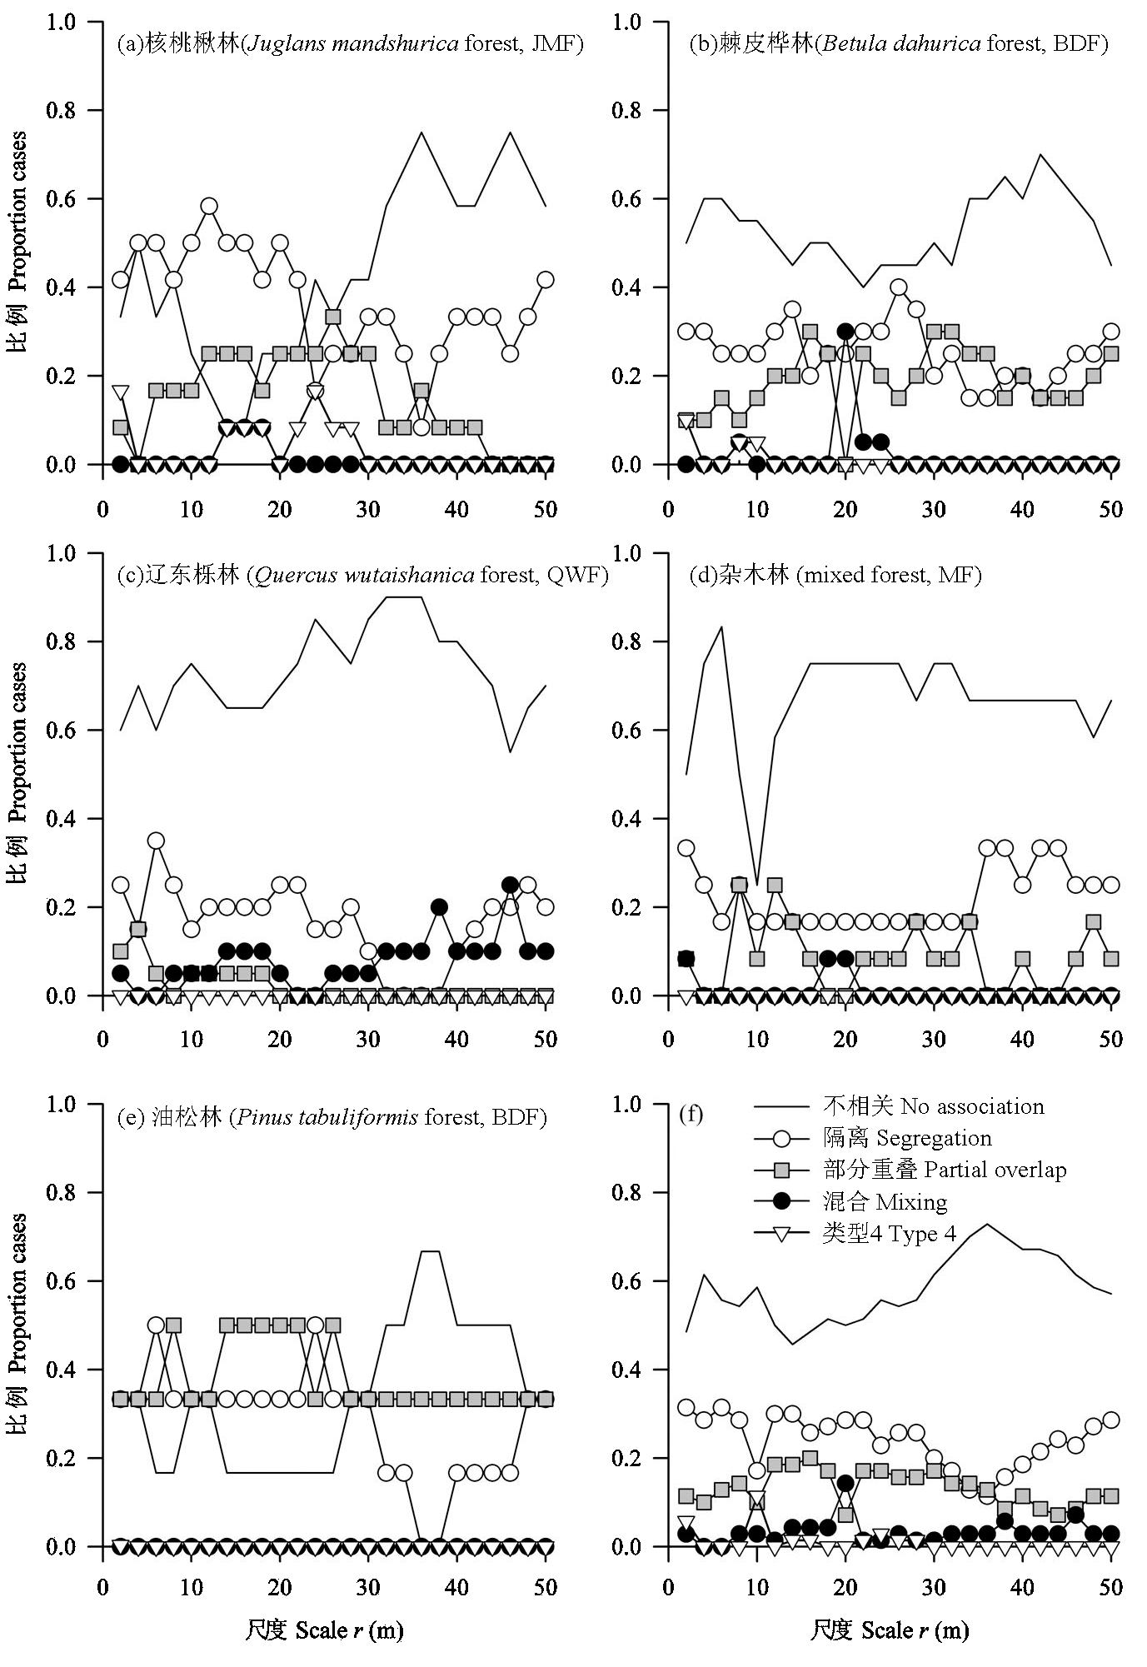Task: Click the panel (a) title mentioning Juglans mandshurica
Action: (350, 43)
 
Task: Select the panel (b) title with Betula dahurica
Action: (899, 43)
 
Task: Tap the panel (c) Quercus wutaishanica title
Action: (363, 575)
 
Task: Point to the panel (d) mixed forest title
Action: (837, 575)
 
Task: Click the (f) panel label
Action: (691, 1115)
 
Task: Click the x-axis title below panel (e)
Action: (324, 1630)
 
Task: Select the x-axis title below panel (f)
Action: (890, 1630)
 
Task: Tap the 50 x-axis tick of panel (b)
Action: (1110, 509)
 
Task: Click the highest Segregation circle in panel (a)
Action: (209, 206)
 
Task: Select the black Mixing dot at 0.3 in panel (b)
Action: (845, 332)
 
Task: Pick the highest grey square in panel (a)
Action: (333, 317)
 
